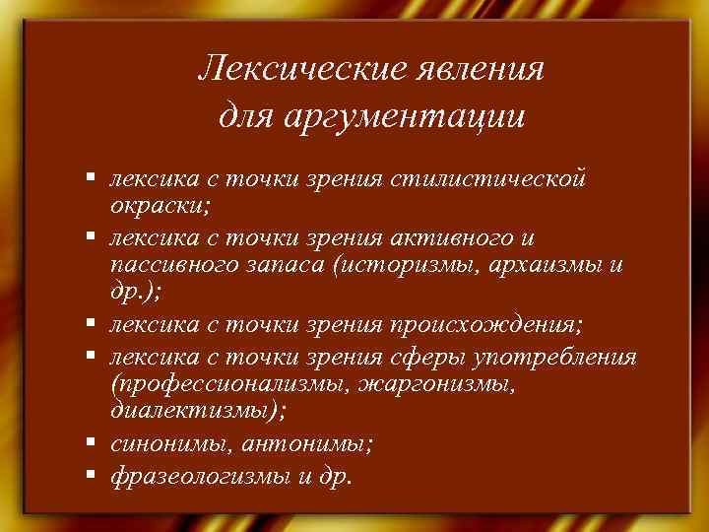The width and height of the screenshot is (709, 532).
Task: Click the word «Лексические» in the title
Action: click(x=283, y=71)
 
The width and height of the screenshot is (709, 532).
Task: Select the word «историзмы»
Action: click(x=413, y=266)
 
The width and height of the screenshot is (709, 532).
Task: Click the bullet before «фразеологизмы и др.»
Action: click(x=89, y=474)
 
